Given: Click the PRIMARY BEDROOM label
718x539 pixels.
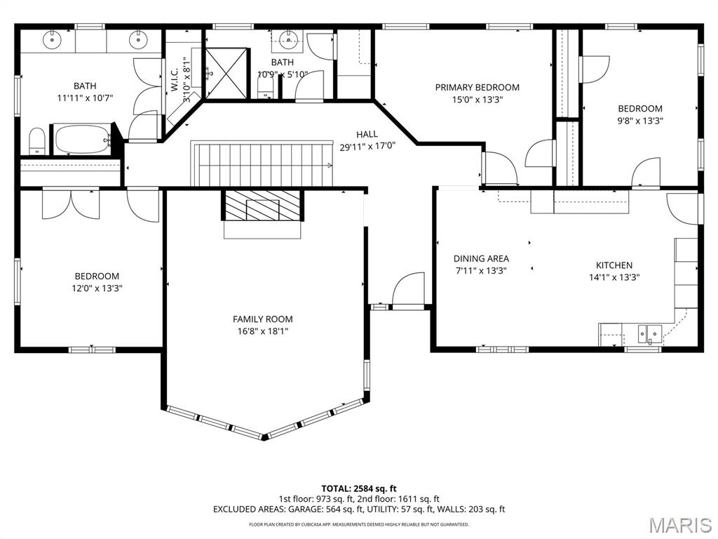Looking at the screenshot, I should coord(477,88).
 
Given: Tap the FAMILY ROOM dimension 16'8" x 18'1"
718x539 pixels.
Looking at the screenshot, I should coord(263,332).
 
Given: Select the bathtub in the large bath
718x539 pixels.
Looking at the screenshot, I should coord(83,140).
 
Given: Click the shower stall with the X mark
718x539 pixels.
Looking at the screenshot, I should coord(226,73).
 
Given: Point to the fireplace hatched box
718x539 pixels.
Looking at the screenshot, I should coord(263,206).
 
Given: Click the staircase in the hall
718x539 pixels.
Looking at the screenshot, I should coord(263,164).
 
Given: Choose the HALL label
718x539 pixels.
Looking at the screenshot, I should coord(367,134).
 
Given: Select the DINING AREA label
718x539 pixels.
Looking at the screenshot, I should coord(481,259).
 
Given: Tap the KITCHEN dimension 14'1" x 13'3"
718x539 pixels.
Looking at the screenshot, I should coord(614,277).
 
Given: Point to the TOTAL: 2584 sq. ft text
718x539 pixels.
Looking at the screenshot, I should coord(359,488).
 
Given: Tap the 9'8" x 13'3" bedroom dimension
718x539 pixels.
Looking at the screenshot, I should coord(639,120).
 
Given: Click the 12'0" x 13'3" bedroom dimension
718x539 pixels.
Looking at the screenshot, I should coord(97,288).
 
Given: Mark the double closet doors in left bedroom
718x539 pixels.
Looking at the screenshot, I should coord(71,204).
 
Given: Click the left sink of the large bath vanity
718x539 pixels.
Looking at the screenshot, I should coord(53,40).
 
